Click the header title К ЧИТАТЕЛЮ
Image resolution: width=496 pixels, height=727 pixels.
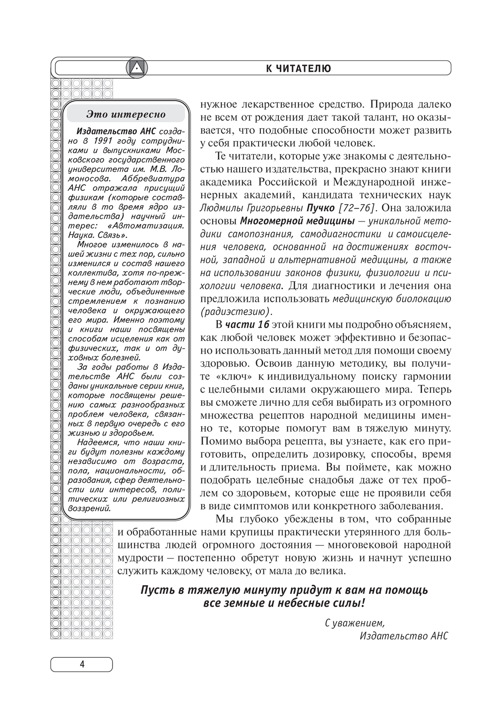click(298, 68)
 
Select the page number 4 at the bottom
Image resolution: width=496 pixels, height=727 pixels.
click(82, 664)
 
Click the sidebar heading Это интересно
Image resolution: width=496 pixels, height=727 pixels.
click(126, 114)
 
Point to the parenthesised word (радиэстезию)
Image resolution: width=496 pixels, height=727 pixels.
click(236, 311)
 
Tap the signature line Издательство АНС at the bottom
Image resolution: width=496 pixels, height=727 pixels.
click(404, 636)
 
